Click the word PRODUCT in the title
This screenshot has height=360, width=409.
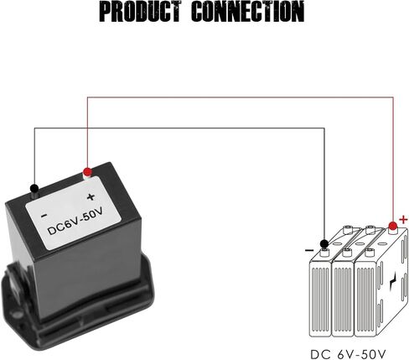pyautogui.click(x=140, y=11)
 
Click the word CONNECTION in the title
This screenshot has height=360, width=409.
pyautogui.click(x=248, y=11)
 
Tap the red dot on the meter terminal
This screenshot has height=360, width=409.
pyautogui.click(x=87, y=171)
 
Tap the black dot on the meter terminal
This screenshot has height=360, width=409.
pyautogui.click(x=34, y=188)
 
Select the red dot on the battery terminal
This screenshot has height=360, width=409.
pyautogui.click(x=393, y=226)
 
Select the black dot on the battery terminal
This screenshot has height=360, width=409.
pyautogui.click(x=324, y=243)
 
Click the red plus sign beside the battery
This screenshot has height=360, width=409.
pyautogui.click(x=403, y=220)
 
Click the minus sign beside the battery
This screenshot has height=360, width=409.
pyautogui.click(x=309, y=250)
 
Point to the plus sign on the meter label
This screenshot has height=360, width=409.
pyautogui.click(x=91, y=197)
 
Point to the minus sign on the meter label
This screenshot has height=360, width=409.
pyautogui.click(x=44, y=216)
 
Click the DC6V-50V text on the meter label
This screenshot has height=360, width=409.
pyautogui.click(x=75, y=222)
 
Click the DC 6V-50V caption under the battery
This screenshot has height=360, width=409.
pyautogui.click(x=348, y=354)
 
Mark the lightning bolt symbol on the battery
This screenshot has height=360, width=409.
pyautogui.click(x=393, y=284)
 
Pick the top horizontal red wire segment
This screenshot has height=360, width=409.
pyautogui.click(x=241, y=97)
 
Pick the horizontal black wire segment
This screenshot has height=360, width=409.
pyautogui.click(x=179, y=128)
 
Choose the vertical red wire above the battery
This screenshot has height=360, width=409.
pyautogui.click(x=393, y=159)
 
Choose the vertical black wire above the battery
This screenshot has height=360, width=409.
pyautogui.click(x=324, y=184)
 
